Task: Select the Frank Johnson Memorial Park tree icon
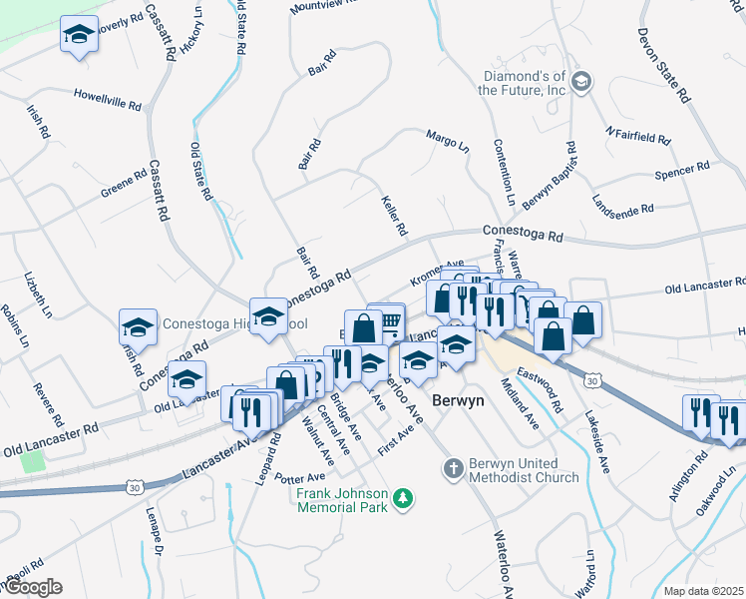click(403, 497)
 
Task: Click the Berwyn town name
click(458, 399)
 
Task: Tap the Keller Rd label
click(395, 215)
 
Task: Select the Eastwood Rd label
click(547, 390)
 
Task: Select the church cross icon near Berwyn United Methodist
click(453, 468)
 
